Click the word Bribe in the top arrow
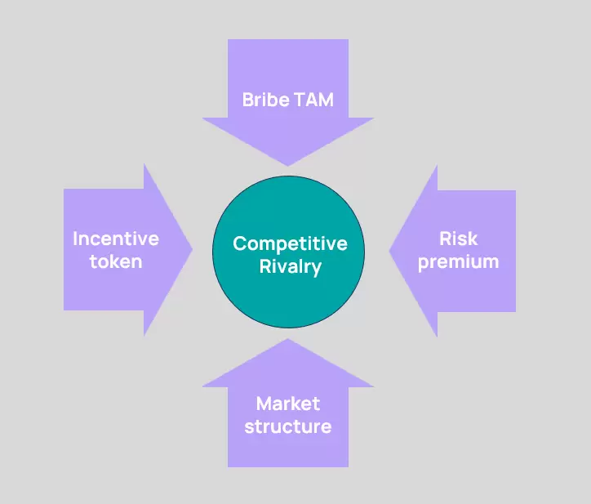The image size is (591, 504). pos(266,100)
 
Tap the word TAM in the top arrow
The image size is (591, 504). pos(314,100)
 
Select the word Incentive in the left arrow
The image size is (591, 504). pos(116,239)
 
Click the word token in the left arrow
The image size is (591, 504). pos(116,261)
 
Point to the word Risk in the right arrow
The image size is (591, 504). pos(459,239)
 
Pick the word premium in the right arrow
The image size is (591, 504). pos(459,262)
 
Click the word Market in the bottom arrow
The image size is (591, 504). pos(288,404)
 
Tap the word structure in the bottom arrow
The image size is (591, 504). pos(288,426)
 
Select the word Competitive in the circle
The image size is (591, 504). pos(291,244)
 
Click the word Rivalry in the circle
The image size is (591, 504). pos(291,267)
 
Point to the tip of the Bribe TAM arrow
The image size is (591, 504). pos(288,166)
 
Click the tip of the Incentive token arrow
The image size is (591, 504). pos(193,249)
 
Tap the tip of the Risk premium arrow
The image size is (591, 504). pos(389,250)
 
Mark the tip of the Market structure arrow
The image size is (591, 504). pos(288,339)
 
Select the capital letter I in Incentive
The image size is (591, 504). pos(75,239)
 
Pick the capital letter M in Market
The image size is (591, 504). pos(264,404)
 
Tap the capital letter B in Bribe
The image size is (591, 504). pos(248,100)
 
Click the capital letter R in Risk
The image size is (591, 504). pos(446,239)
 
